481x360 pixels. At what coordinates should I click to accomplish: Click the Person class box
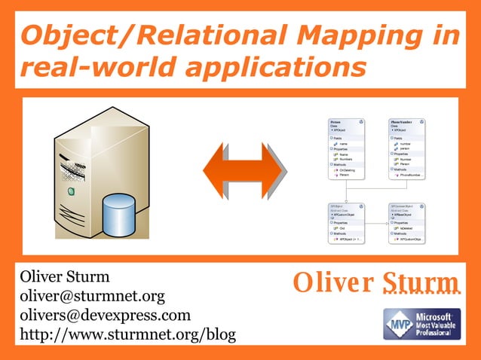pos(347,150)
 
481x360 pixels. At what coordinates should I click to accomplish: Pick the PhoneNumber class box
pos(409,150)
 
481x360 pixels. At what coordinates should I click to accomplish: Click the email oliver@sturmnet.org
pos(92,296)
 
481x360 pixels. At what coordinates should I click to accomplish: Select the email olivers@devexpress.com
pos(105,315)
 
